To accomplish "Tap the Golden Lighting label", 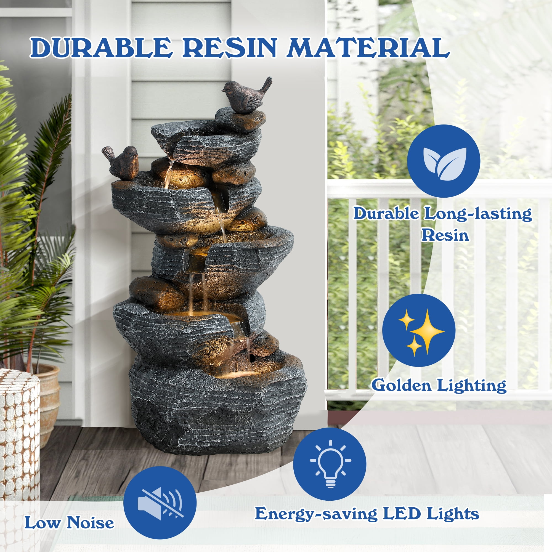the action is tap(439, 385).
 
